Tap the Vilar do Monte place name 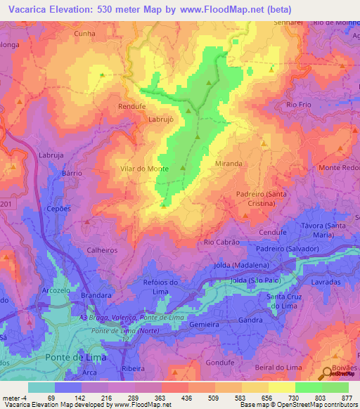[x=144, y=169]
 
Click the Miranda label [x=229, y=163]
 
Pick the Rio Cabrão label [x=221, y=242]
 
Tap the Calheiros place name [x=101, y=249]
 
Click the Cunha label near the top [x=84, y=32]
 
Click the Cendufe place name [x=273, y=232]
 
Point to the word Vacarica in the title [x=30, y=11]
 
